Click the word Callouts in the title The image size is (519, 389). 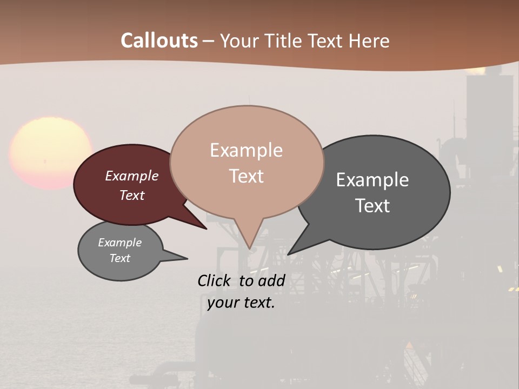(159, 41)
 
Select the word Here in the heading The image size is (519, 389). (369, 41)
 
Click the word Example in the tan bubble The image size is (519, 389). (246, 150)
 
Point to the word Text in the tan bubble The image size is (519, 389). (246, 176)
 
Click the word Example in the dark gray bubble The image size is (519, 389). (372, 180)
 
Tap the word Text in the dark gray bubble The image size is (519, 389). (372, 206)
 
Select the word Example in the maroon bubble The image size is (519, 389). (132, 176)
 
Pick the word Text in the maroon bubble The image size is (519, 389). (132, 195)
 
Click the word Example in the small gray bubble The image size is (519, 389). (120, 243)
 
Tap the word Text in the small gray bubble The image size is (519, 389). (120, 258)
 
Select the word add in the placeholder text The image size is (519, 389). (271, 280)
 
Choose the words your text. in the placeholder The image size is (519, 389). (241, 303)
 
